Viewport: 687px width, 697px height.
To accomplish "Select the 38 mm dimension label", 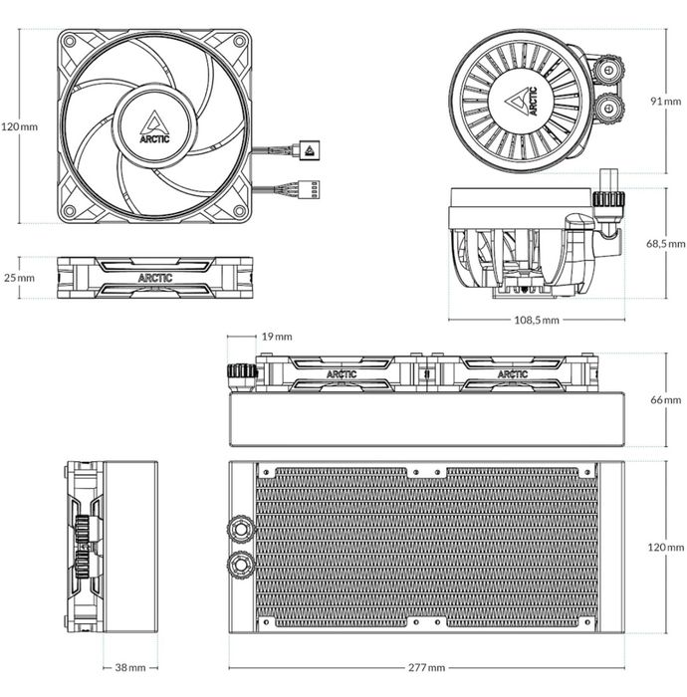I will (x=130, y=667).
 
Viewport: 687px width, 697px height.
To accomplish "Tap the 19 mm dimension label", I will (x=278, y=337).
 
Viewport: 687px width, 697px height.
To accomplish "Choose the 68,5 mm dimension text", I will (x=665, y=243).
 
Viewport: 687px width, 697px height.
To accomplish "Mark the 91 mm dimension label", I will (x=664, y=100).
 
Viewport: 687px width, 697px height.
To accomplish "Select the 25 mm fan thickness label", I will (x=19, y=278).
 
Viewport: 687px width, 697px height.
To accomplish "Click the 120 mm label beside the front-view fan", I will (x=19, y=126).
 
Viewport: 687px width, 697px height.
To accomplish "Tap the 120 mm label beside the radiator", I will (x=665, y=548).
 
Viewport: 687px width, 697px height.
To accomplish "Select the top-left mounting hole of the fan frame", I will (x=70, y=41).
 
